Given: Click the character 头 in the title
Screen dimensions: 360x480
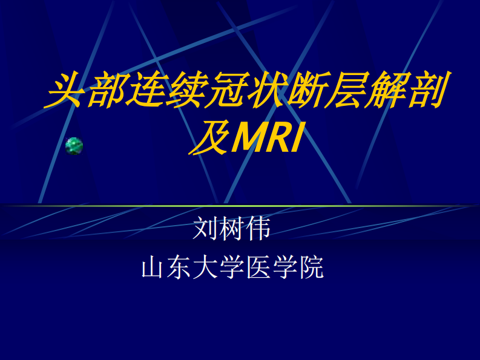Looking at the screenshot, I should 65,91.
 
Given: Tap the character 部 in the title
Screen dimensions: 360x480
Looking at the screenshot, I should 105,91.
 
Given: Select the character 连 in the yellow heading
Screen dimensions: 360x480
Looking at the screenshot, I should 145,91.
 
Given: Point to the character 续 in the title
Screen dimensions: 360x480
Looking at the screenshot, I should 185,91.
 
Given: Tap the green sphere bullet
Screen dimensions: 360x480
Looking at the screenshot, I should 74,146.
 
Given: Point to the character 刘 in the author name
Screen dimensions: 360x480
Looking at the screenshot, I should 205,229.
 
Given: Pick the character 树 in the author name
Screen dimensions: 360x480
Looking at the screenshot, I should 232,229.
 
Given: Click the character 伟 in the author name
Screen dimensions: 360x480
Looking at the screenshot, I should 258,229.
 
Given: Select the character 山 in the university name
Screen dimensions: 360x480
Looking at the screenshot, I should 153,267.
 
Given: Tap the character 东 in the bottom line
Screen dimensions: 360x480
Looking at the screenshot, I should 179,267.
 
